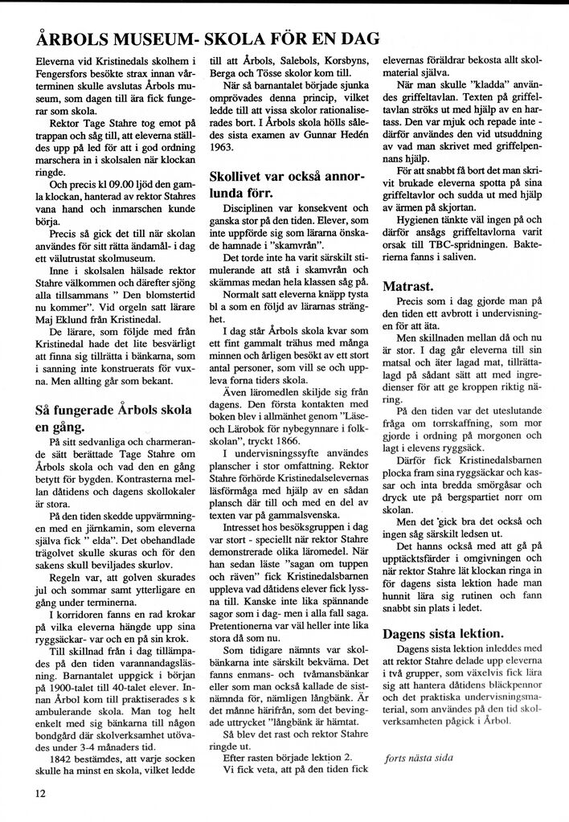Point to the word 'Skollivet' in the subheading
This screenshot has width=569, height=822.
coord(241,175)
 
